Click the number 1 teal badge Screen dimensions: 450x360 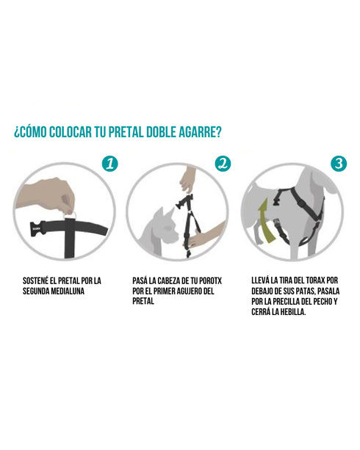[109, 163]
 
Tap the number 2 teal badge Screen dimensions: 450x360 [223, 163]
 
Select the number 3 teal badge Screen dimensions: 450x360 [339, 163]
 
